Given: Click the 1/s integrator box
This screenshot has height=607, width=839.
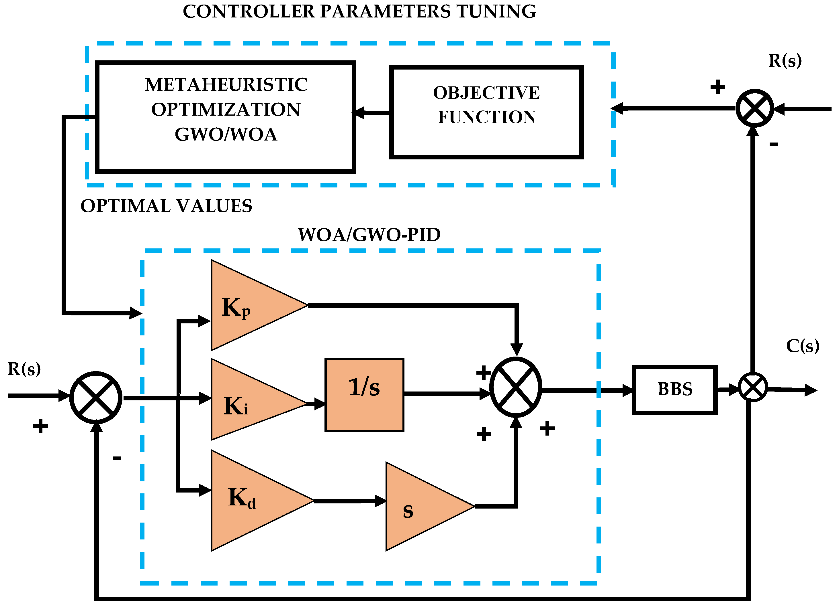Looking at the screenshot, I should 364,395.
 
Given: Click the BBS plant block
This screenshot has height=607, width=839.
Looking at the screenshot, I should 674,390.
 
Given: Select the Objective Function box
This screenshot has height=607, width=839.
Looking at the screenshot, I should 486,112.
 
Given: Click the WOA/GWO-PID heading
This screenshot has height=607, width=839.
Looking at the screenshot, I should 369,235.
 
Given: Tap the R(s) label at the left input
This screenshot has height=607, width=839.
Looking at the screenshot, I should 24,369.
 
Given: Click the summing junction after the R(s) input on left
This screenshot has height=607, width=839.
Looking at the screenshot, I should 96,398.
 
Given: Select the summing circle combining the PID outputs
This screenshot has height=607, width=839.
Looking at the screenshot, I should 516,387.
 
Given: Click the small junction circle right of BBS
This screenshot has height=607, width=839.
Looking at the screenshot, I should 753,387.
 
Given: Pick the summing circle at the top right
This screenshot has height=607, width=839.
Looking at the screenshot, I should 755,108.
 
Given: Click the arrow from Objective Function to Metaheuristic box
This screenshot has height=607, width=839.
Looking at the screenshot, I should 372,113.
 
